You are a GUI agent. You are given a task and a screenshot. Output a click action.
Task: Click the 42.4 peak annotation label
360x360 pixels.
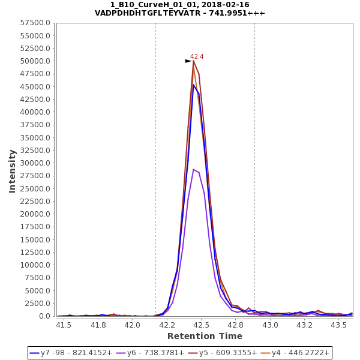(197, 57)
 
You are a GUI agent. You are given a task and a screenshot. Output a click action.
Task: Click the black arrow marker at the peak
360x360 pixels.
(188, 61)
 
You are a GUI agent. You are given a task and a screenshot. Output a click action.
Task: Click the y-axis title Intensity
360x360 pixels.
(12, 171)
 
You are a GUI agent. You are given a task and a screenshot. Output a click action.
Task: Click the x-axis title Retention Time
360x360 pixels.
(205, 336)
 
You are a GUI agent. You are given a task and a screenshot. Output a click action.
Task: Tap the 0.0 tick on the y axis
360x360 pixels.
(44, 316)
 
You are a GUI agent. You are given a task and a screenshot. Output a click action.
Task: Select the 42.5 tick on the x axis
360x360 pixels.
(202, 325)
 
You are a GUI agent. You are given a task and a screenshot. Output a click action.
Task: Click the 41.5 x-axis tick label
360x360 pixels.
(64, 325)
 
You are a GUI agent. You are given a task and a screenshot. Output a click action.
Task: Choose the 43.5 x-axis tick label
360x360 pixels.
(340, 325)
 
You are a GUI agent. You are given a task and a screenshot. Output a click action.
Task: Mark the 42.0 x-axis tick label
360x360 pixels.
(133, 325)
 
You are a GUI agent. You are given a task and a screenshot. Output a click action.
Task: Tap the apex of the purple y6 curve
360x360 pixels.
(193, 169)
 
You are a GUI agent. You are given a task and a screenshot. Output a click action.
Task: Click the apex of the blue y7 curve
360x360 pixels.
(193, 85)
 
